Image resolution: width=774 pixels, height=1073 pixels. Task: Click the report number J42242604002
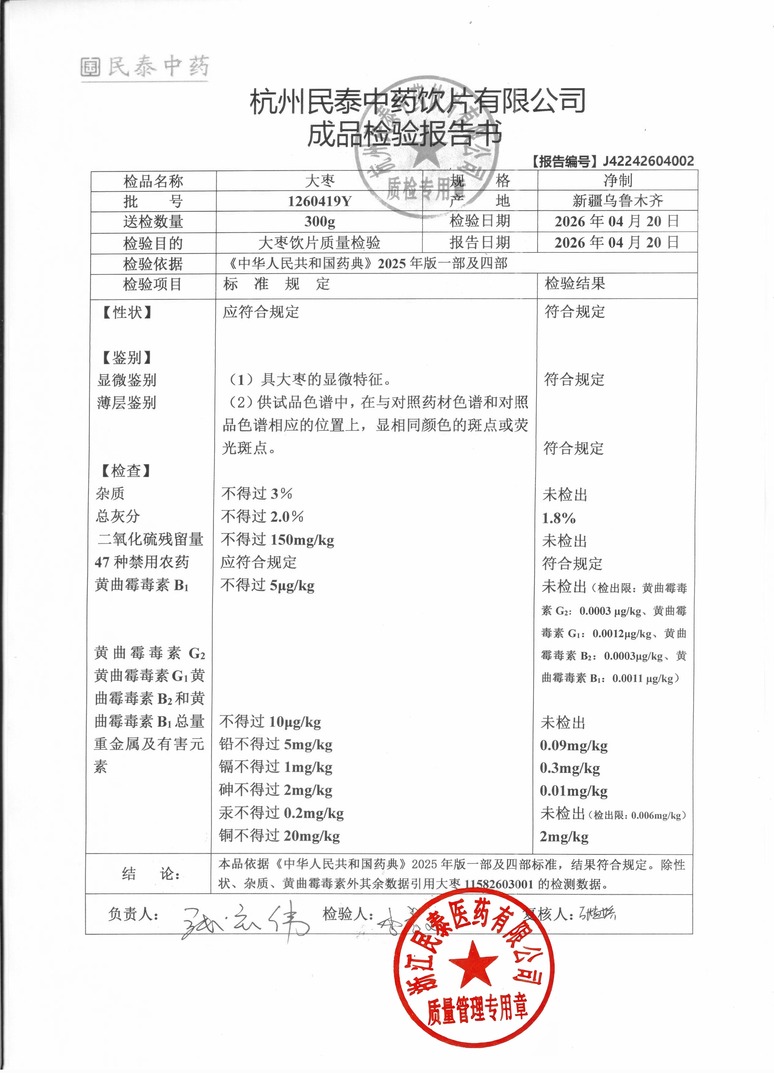click(x=648, y=161)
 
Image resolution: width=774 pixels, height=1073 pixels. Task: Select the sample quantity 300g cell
click(x=320, y=222)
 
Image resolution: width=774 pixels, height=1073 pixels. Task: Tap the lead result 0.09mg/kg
click(x=574, y=746)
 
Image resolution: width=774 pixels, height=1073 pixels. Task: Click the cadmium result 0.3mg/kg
click(x=570, y=768)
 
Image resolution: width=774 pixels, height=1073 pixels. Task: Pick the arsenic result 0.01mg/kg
click(x=574, y=791)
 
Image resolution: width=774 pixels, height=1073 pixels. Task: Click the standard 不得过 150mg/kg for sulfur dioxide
click(x=277, y=540)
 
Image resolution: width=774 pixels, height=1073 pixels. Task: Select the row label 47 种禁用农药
click(x=142, y=562)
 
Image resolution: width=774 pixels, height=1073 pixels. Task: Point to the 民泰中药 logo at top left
click(x=145, y=67)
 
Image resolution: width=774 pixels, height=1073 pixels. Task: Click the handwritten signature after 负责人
click(x=244, y=922)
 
